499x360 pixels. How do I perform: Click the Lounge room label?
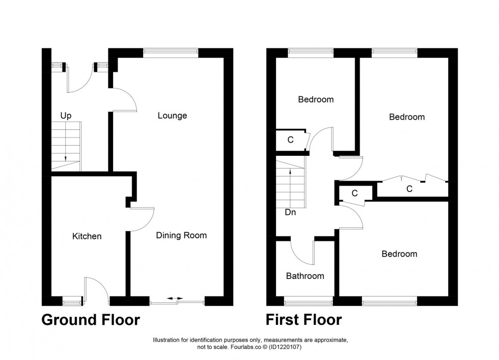coord(172,116)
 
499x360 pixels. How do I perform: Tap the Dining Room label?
coord(181,235)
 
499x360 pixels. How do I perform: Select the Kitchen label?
coord(87,236)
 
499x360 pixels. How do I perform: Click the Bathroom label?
coord(304,276)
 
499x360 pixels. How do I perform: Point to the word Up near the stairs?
coord(65,116)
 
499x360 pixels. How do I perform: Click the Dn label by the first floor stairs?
coord(290,213)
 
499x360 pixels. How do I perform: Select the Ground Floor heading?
coord(90,320)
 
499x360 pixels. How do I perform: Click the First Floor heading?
coord(303,320)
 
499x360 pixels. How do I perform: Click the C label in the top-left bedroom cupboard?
coord(290,140)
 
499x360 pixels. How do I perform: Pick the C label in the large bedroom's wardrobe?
coord(409,189)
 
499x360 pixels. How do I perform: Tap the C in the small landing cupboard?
coord(354,193)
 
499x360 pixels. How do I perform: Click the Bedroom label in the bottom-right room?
coord(399,254)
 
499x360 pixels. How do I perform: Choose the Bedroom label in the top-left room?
coord(316,99)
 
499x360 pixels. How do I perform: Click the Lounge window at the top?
coord(171,51)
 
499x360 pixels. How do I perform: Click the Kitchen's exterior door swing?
coord(96,287)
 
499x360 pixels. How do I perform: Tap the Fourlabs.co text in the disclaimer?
coord(242,347)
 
